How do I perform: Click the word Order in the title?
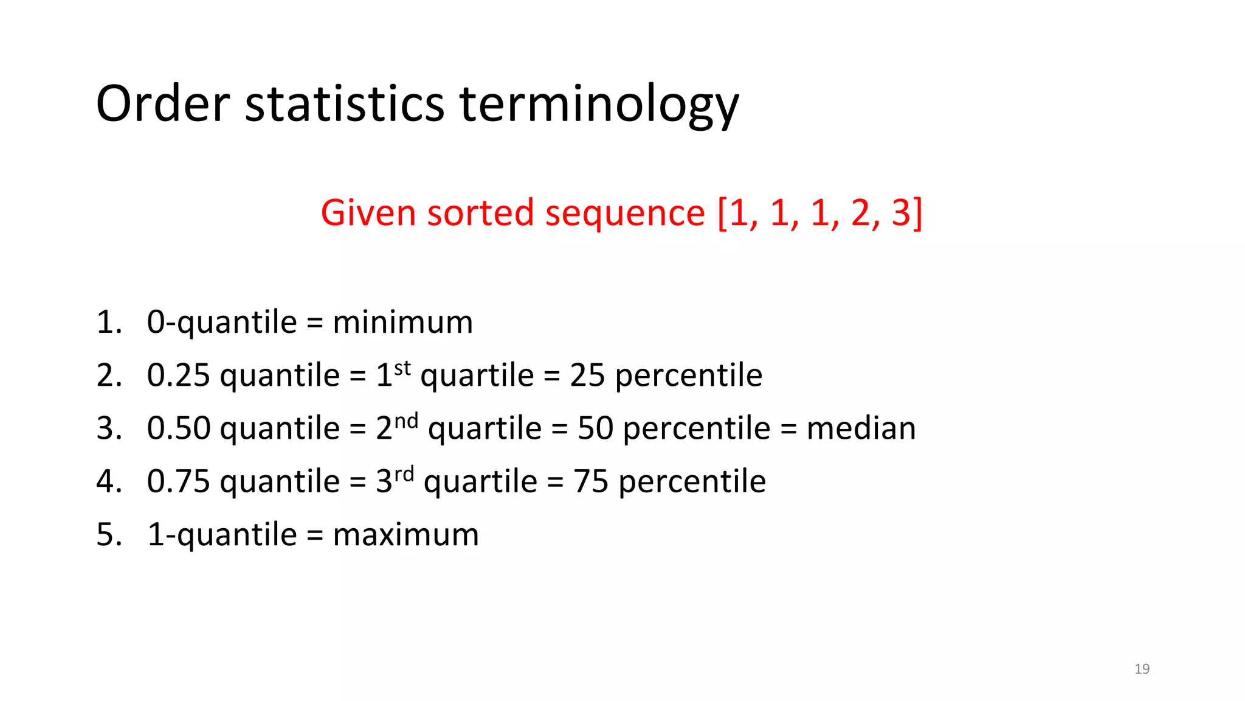[162, 103]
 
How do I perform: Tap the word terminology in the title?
[599, 105]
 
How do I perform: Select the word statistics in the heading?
[345, 103]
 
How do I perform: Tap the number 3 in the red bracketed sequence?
[902, 213]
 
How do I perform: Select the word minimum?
[402, 322]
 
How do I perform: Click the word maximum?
[405, 535]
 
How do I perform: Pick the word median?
[861, 428]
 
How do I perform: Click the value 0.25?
[178, 375]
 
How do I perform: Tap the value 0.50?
[178, 428]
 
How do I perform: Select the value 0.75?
[178, 481]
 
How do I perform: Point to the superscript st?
[402, 368]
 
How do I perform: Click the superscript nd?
[406, 421]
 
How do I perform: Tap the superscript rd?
[404, 474]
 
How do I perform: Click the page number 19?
[1142, 669]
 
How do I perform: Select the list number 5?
[109, 535]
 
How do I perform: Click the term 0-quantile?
[221, 323]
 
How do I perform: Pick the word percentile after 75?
[692, 481]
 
